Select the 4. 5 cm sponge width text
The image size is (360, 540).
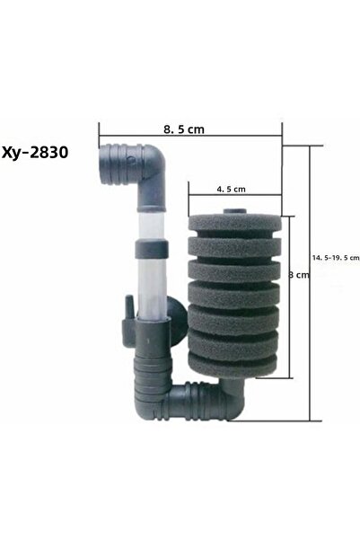tap(232, 190)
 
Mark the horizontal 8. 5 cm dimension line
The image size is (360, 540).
tap(190, 140)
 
